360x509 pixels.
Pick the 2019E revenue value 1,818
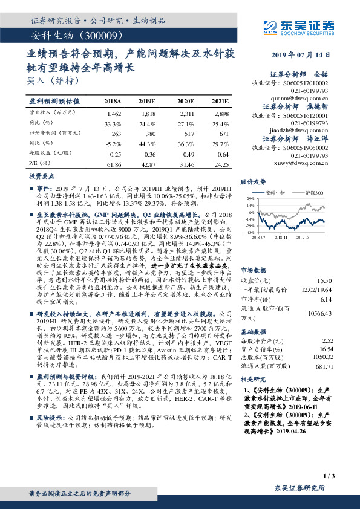tap(148, 113)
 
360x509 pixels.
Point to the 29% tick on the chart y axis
tap(249, 198)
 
